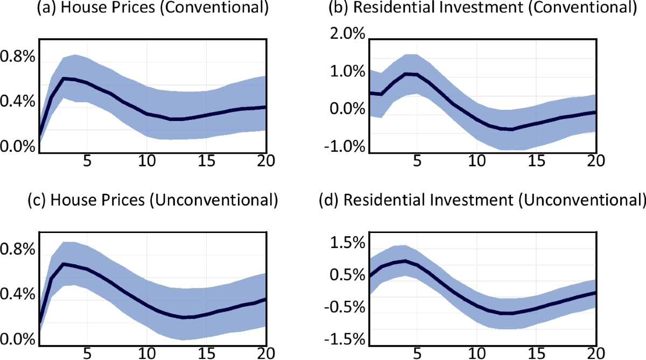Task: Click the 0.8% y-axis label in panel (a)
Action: coord(17,57)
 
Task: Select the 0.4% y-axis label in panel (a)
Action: coord(17,101)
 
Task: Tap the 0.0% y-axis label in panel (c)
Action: coord(17,340)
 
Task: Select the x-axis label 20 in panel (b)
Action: coord(594,161)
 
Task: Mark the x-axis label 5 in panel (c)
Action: coord(86,353)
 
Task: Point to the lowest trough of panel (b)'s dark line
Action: coord(510,129)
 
